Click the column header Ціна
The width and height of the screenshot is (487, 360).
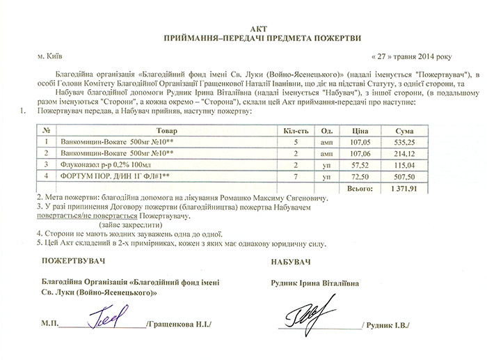coord(359,130)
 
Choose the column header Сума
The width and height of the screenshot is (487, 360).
coord(404,130)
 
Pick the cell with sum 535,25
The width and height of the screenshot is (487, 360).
coord(404,141)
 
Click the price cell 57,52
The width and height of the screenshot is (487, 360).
coord(359,164)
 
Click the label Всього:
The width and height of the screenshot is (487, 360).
coord(359,188)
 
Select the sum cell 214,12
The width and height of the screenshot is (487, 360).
coord(404,153)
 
